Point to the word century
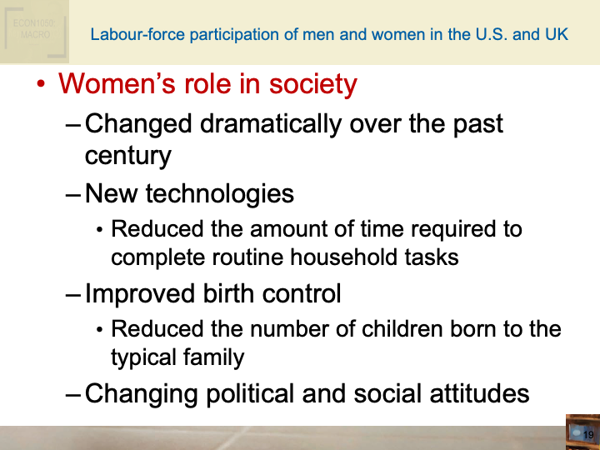(x=127, y=156)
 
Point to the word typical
(x=142, y=357)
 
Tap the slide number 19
(x=587, y=436)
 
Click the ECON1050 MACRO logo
(x=33, y=31)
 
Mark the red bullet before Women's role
(x=39, y=85)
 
